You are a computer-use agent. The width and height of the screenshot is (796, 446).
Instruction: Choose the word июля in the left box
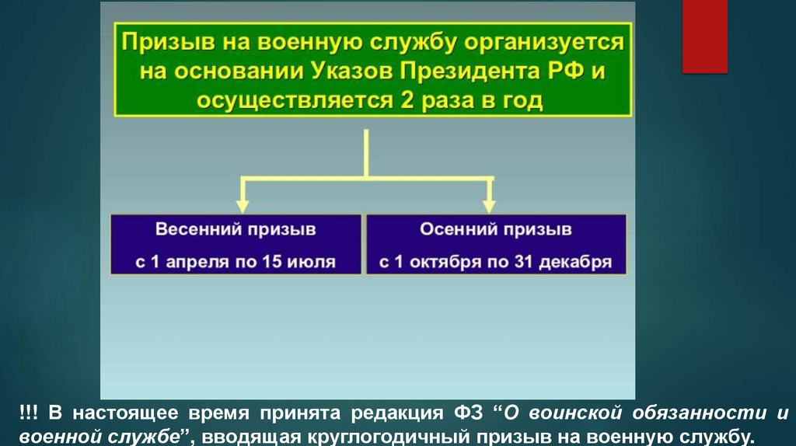coord(313,263)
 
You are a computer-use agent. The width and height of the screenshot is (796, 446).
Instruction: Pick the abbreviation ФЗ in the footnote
coord(471,411)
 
